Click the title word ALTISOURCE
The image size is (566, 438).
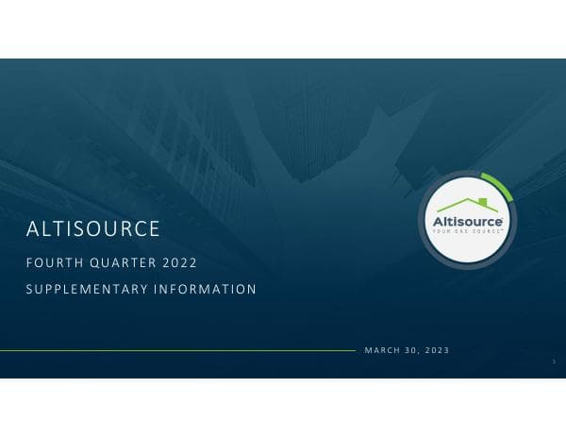point(93,229)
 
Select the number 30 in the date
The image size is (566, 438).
point(412,350)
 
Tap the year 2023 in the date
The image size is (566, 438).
point(436,350)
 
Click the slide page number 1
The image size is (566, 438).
point(554,362)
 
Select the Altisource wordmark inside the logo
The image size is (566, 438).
point(467,221)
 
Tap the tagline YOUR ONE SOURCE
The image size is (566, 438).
point(466,231)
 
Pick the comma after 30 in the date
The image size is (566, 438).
point(421,352)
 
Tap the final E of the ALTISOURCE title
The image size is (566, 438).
point(154,229)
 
